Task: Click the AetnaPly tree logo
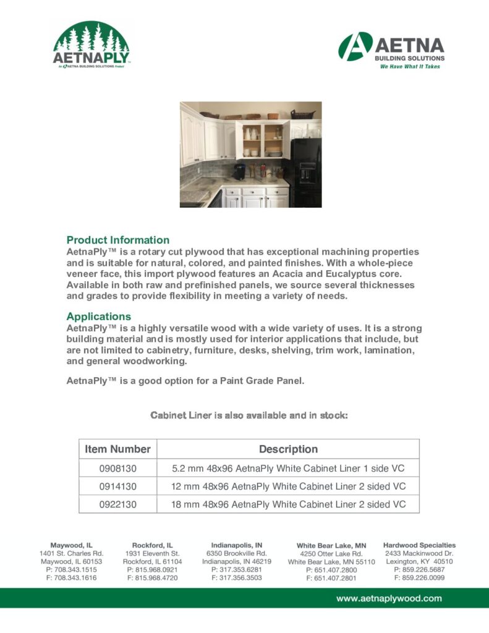(x=91, y=45)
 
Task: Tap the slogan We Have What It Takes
(x=410, y=66)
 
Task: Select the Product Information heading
(x=117, y=240)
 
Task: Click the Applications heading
(x=99, y=316)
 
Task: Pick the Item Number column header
(x=117, y=449)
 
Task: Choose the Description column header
(x=288, y=449)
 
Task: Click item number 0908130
(x=117, y=469)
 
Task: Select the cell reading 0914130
(x=117, y=486)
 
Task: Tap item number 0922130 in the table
(x=117, y=504)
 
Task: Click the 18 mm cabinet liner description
(x=288, y=504)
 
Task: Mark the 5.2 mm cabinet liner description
(x=288, y=469)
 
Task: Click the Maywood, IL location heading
(x=71, y=545)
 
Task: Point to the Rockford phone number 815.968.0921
(x=152, y=569)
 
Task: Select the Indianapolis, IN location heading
(x=237, y=545)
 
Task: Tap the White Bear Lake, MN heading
(x=331, y=546)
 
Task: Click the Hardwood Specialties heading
(x=419, y=545)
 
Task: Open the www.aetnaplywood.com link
(x=389, y=598)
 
